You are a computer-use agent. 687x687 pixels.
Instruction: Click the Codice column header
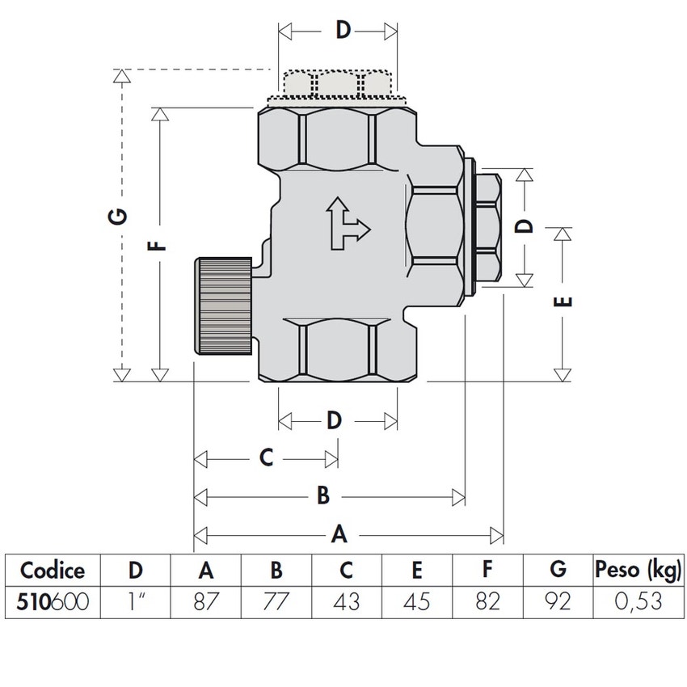pyautogui.click(x=53, y=570)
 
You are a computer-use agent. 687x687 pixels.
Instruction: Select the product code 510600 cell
pyautogui.click(x=53, y=601)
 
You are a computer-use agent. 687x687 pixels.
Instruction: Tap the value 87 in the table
pyautogui.click(x=206, y=601)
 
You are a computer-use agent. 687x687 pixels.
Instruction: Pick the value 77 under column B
pyautogui.click(x=276, y=601)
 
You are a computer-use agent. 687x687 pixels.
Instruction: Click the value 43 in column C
pyautogui.click(x=346, y=601)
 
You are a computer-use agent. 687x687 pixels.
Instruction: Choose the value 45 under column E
pyautogui.click(x=416, y=601)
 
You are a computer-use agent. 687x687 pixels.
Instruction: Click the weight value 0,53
pyautogui.click(x=638, y=601)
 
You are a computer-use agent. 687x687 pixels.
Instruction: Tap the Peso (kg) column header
pyautogui.click(x=638, y=570)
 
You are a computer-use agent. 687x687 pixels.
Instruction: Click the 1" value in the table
pyautogui.click(x=136, y=601)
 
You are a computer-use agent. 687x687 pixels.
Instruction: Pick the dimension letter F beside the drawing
pyautogui.click(x=158, y=242)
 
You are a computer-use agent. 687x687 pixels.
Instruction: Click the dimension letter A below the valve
pyautogui.click(x=340, y=534)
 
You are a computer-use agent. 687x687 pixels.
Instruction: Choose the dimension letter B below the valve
pyautogui.click(x=323, y=495)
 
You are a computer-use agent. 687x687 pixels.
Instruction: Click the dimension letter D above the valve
pyautogui.click(x=343, y=31)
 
